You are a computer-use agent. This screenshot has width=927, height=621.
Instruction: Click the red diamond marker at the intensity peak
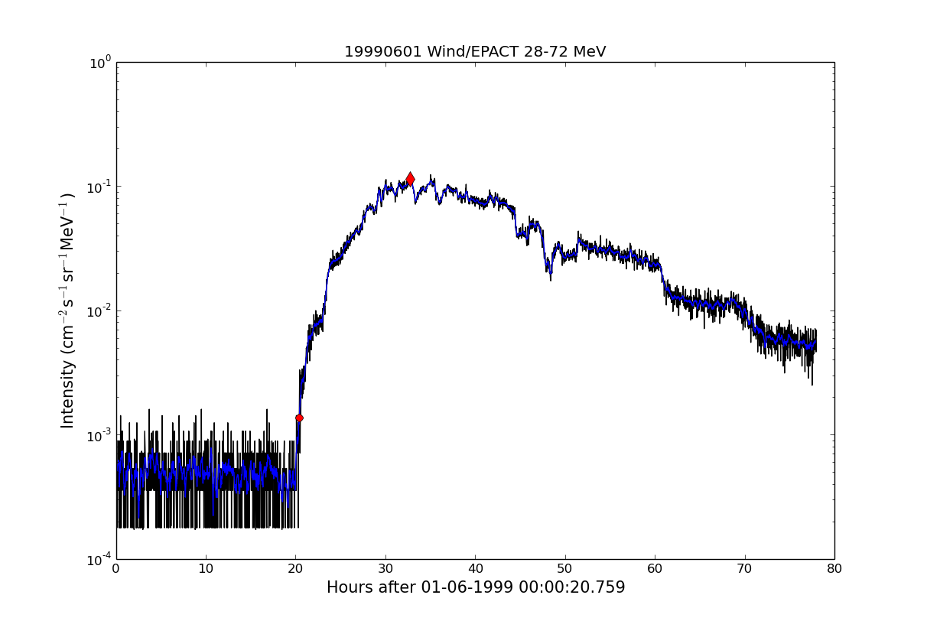tap(410, 179)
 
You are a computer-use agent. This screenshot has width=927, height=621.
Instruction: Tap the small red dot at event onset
tap(299, 418)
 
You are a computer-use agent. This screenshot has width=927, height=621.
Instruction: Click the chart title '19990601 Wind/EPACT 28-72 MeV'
tap(475, 52)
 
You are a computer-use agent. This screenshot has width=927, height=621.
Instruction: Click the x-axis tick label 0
tap(116, 568)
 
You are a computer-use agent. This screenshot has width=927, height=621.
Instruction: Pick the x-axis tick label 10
tap(206, 568)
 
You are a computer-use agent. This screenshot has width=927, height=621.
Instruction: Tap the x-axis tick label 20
tap(296, 568)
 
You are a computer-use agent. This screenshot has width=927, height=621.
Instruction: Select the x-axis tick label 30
tap(385, 568)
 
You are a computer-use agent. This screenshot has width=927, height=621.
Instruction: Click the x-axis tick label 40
tap(475, 568)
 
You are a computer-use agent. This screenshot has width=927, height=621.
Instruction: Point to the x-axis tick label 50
tap(565, 568)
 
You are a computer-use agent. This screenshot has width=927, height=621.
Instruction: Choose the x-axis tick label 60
tap(655, 568)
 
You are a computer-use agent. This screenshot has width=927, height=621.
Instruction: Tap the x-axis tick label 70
tap(744, 568)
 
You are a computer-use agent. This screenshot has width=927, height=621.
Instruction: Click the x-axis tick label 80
tap(834, 568)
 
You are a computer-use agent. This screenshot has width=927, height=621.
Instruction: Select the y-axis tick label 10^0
tap(100, 63)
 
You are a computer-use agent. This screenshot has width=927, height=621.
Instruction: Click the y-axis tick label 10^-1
tap(99, 187)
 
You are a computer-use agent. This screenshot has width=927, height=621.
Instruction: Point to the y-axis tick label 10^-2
tap(99, 311)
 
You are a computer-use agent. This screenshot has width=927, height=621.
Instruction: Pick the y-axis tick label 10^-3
tap(99, 436)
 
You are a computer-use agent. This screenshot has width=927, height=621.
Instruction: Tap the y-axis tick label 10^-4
tap(99, 560)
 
